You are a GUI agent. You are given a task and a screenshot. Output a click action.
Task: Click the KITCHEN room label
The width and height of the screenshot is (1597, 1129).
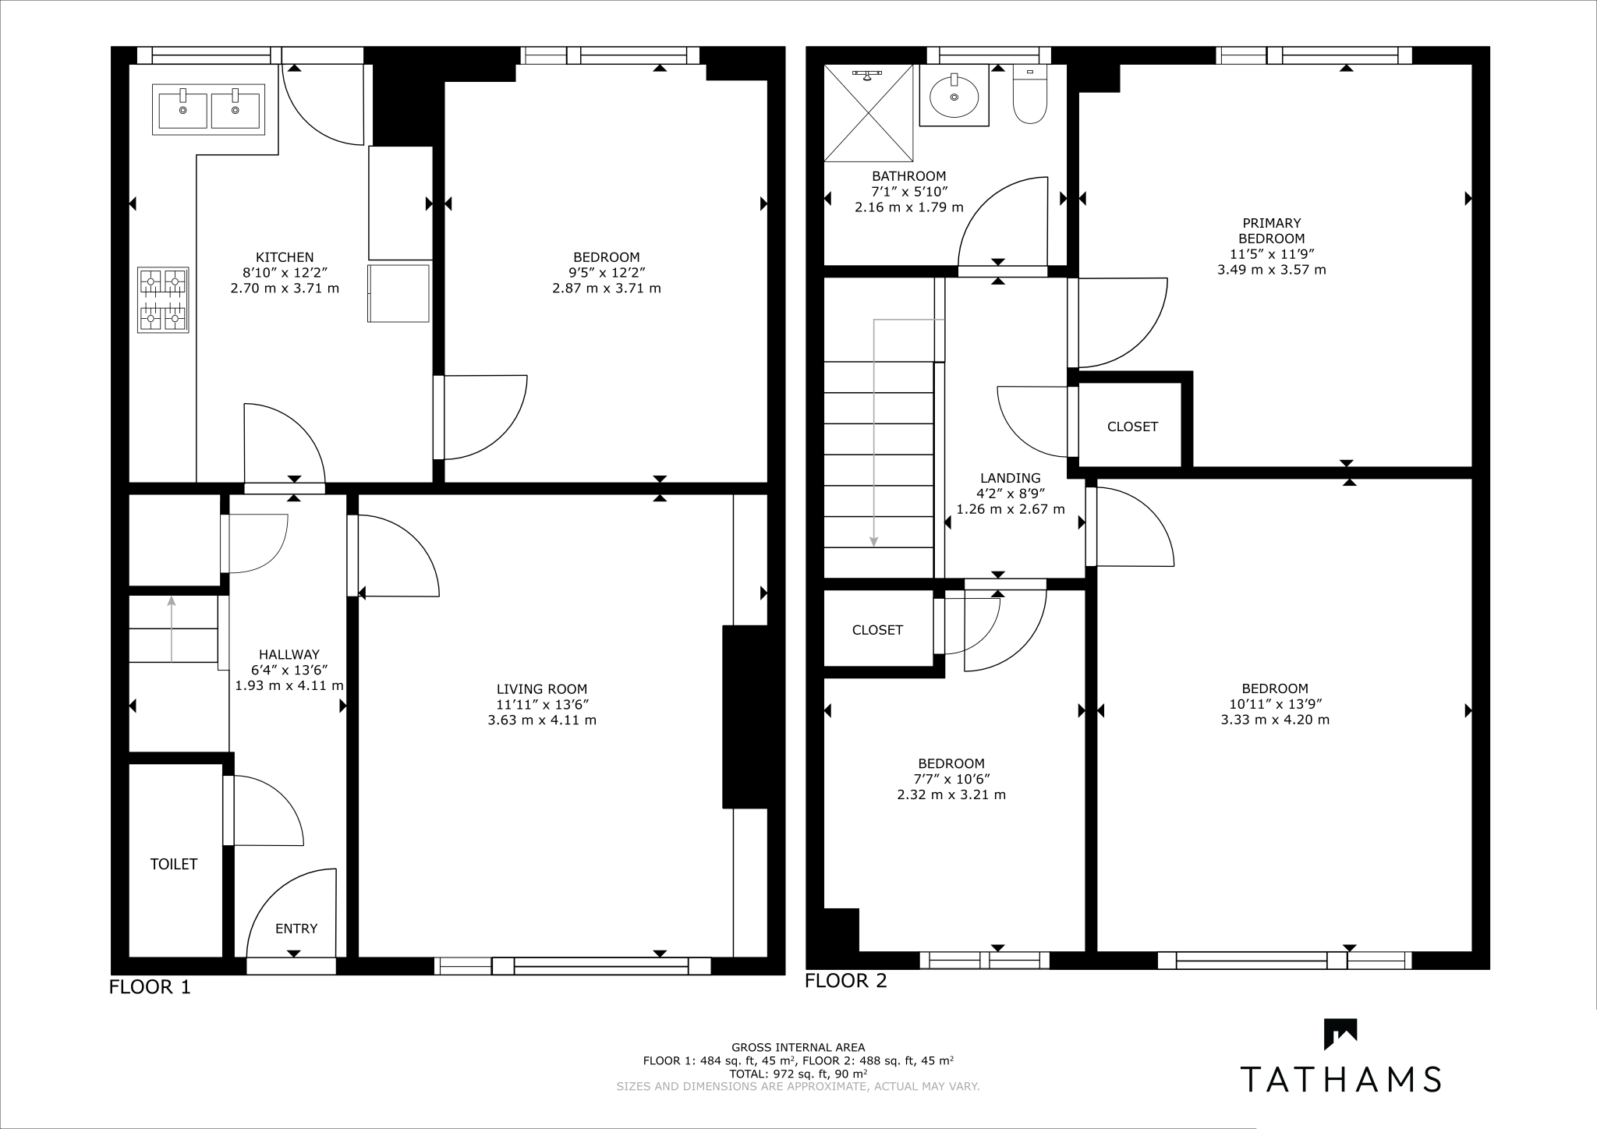(285, 257)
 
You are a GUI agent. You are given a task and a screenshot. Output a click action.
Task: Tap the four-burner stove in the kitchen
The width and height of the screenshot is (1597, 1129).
(163, 300)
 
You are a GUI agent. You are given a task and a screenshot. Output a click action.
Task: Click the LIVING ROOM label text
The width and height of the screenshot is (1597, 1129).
(542, 689)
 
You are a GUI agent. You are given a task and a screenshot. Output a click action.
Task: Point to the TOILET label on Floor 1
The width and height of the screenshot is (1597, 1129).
(174, 864)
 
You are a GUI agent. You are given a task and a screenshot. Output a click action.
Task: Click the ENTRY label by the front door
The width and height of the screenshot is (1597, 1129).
(296, 929)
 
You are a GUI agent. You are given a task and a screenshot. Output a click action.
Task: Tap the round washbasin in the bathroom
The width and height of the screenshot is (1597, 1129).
(954, 96)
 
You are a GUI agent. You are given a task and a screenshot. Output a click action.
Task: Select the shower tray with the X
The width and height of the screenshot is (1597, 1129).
(869, 113)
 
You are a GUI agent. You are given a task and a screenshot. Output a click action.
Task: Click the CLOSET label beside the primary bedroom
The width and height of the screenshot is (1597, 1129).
(1132, 426)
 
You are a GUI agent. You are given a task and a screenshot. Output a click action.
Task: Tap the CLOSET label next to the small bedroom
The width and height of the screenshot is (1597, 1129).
(877, 630)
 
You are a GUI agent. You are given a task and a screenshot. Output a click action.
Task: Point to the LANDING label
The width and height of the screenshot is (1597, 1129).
(1010, 478)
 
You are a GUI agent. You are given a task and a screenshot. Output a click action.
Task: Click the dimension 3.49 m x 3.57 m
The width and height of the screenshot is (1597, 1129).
(1271, 270)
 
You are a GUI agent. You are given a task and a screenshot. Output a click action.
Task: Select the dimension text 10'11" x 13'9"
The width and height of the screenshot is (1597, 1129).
(1275, 704)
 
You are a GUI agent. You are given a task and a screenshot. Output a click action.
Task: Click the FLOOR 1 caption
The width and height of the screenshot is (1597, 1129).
(150, 987)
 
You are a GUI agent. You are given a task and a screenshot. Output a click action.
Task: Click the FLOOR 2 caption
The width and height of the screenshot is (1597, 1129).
(846, 981)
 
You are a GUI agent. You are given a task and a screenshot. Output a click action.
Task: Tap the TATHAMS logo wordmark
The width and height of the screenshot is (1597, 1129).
(1340, 1079)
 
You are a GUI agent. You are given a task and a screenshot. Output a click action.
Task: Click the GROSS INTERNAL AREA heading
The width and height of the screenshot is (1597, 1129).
(798, 1047)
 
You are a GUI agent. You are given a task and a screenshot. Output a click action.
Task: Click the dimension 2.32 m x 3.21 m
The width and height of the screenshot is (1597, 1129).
(951, 795)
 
